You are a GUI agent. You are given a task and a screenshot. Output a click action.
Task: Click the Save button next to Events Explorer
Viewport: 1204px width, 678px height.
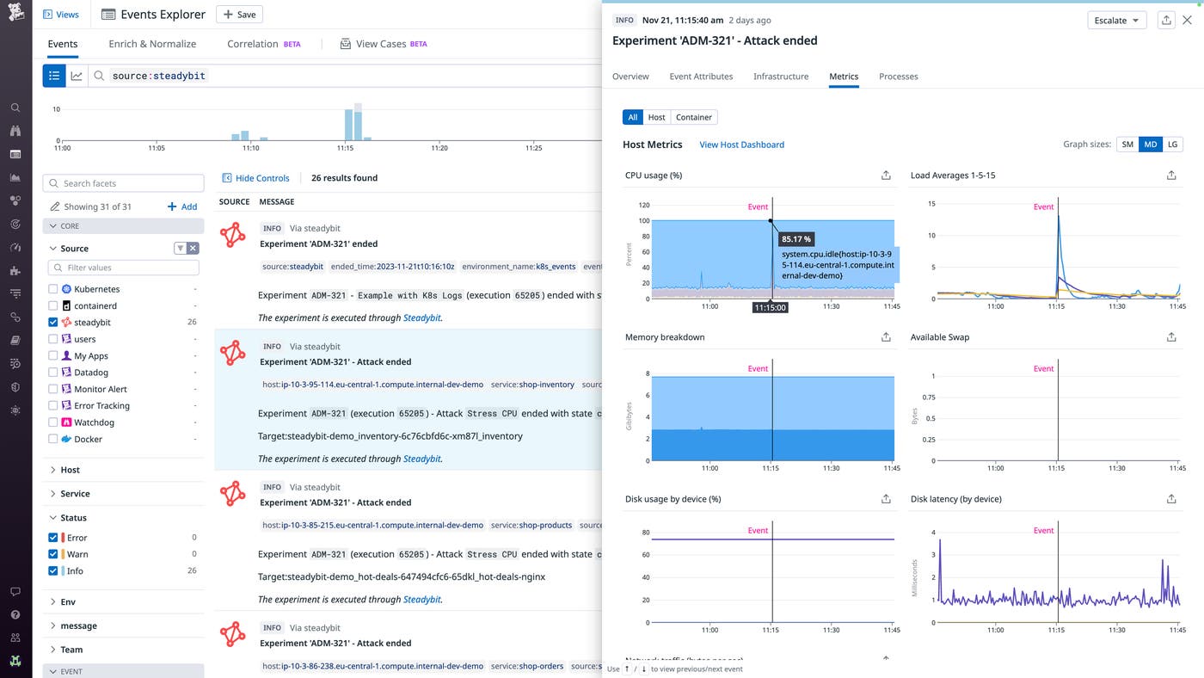[239, 15]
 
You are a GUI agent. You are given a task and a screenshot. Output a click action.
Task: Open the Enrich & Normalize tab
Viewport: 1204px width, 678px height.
[152, 44]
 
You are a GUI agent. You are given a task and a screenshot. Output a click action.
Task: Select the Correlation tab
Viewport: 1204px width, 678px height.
[252, 44]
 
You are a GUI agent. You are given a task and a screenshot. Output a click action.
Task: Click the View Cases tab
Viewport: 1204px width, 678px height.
[381, 44]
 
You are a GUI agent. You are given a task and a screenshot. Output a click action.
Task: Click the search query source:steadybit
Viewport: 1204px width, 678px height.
[159, 76]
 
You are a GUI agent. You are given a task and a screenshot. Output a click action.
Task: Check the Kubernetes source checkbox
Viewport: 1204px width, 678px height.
[53, 289]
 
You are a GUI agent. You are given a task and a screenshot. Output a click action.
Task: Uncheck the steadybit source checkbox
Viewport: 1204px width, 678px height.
[53, 323]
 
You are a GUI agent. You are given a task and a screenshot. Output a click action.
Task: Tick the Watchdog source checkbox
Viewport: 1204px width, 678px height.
[53, 422]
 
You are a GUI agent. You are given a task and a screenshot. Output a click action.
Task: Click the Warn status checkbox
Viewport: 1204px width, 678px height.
[53, 554]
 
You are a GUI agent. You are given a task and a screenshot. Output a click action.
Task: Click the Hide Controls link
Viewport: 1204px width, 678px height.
[255, 178]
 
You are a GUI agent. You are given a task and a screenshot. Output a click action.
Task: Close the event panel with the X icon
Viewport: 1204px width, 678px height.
[1187, 20]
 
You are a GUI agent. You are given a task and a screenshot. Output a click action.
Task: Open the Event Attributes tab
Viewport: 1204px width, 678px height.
[701, 77]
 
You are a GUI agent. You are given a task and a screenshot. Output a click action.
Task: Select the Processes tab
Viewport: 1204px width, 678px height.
[898, 77]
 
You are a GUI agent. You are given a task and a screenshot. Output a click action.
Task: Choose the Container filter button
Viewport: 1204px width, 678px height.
[693, 117]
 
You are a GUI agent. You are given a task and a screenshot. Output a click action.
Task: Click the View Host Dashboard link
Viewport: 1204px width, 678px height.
[741, 145]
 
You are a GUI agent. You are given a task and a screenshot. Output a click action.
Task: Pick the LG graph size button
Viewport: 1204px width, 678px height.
[1172, 145]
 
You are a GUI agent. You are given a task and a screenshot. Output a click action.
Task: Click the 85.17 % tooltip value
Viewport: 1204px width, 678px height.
[796, 239]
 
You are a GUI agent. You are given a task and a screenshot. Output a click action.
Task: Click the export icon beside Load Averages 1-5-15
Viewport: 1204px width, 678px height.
[1170, 176]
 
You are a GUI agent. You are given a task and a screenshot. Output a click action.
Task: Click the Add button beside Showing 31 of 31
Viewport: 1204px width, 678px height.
[182, 206]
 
